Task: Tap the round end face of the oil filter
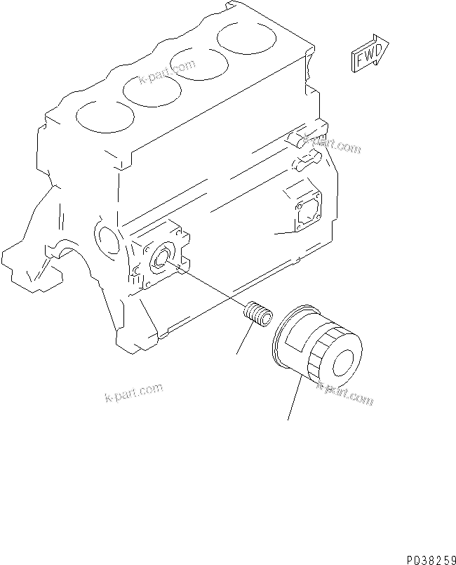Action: point(344,362)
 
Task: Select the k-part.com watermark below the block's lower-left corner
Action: point(133,393)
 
